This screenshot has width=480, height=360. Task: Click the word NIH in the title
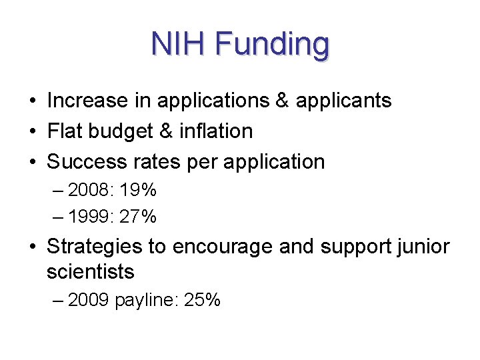click(x=178, y=44)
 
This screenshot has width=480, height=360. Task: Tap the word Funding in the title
click(x=272, y=45)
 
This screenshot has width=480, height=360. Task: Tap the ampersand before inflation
click(x=166, y=131)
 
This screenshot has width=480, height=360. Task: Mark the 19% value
click(x=138, y=191)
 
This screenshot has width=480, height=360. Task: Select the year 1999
click(x=90, y=217)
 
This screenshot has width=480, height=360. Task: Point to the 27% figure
click(x=138, y=217)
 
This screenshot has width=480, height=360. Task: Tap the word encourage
click(x=223, y=247)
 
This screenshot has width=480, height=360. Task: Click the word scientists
click(x=90, y=272)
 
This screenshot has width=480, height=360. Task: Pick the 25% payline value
click(x=202, y=301)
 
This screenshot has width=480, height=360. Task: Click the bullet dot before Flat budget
click(x=32, y=132)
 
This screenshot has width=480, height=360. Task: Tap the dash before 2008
click(x=59, y=191)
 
